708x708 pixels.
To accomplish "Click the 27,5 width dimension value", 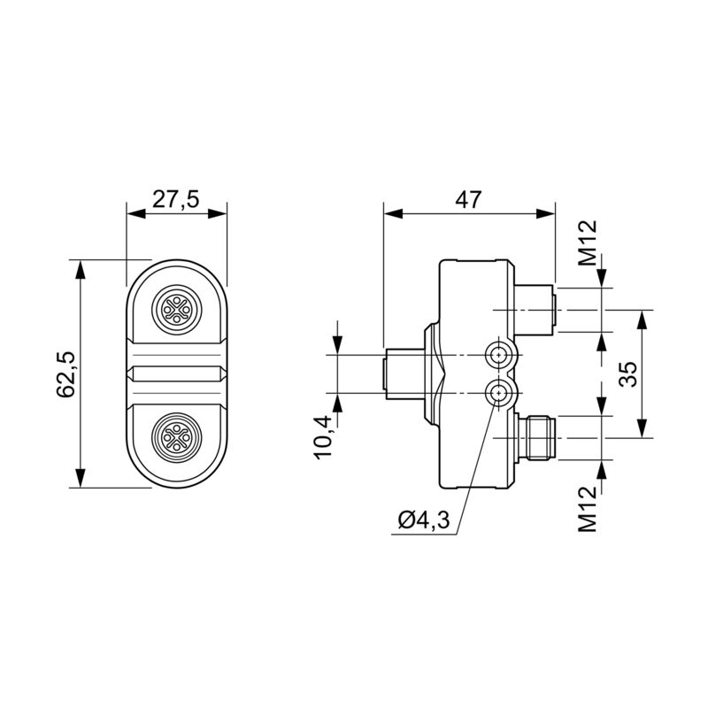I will (x=175, y=199).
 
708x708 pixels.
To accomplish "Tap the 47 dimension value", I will (x=468, y=200).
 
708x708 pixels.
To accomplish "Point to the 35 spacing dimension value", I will (x=627, y=373).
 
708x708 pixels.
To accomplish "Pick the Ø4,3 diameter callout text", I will (x=424, y=521).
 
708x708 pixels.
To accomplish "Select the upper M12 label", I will (x=589, y=243).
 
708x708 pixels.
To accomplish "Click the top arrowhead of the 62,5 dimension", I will (x=81, y=267).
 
